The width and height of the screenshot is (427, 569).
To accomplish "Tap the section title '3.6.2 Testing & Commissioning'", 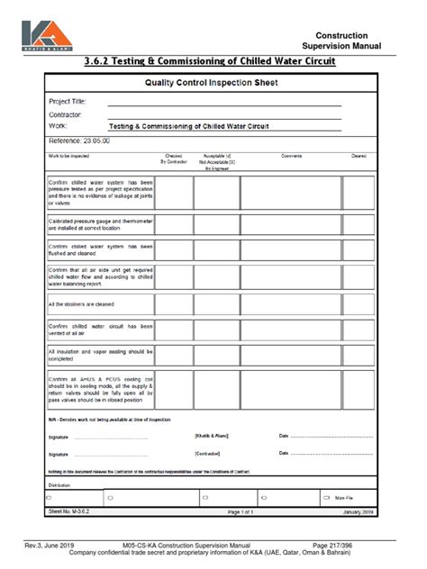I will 209,61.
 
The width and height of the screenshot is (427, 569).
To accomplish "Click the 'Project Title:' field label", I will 68,102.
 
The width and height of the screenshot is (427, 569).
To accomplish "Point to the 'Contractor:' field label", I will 65,114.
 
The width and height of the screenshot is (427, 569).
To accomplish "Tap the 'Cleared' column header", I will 359,156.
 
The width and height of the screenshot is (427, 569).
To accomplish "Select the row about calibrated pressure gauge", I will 100,224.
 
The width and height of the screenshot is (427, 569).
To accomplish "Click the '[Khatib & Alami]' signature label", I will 212,436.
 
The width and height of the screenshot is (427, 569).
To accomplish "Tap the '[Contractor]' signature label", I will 207,454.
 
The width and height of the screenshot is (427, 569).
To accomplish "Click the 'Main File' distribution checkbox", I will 326,497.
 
